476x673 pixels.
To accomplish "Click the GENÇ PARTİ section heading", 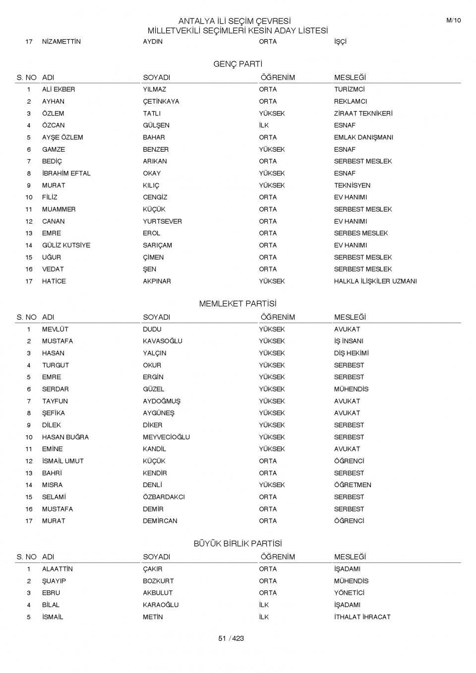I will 238,64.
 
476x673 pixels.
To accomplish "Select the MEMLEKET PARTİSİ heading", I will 238,304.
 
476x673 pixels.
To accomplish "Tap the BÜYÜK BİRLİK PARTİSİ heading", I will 238,544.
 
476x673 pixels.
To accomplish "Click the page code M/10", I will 453,20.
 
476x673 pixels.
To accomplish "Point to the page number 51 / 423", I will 231,638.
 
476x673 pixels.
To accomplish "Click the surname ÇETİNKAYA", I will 161,102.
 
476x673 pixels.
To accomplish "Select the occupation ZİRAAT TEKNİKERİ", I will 363,113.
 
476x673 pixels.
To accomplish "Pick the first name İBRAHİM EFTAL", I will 66,173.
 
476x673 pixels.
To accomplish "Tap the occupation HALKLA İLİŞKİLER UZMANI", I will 375,281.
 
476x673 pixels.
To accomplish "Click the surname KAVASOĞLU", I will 163,341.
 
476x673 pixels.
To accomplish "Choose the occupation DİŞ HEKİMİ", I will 351,353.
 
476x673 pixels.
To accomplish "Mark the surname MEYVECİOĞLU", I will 166,437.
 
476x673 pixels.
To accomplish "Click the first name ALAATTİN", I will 58,569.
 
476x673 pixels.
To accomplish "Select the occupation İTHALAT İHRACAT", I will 362,617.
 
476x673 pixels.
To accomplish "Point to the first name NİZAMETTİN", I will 61,42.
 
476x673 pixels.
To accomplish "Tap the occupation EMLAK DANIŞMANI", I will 363,137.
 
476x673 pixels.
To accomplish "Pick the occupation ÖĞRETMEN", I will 353,485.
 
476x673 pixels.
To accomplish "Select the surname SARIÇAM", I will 158,245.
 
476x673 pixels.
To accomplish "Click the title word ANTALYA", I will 197,21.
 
